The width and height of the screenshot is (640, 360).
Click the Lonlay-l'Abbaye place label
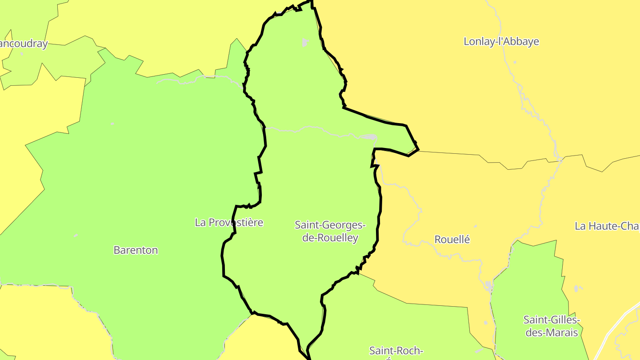click(x=501, y=41)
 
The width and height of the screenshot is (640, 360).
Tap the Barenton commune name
click(x=136, y=250)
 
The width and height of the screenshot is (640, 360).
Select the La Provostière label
click(x=229, y=222)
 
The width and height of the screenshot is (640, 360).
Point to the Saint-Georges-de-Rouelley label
click(x=330, y=231)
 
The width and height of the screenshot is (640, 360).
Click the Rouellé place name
click(x=452, y=239)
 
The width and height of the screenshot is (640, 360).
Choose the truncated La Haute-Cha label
click(x=607, y=226)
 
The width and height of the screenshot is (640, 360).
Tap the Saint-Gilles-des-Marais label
click(x=552, y=326)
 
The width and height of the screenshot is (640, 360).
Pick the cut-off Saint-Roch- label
click(x=396, y=351)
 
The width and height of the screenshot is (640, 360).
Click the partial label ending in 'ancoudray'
click(x=23, y=44)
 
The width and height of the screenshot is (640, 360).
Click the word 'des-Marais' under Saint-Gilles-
click(x=552, y=332)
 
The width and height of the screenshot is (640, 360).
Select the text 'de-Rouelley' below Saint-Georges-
click(x=330, y=238)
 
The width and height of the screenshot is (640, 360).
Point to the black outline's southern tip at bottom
click(x=308, y=357)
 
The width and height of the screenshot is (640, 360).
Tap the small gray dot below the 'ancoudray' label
click(x=22, y=54)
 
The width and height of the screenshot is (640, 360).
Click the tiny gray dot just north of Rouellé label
click(x=475, y=226)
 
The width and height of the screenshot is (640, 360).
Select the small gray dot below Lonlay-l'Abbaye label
click(x=515, y=62)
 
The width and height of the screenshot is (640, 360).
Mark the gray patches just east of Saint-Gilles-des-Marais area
click(x=576, y=289)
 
